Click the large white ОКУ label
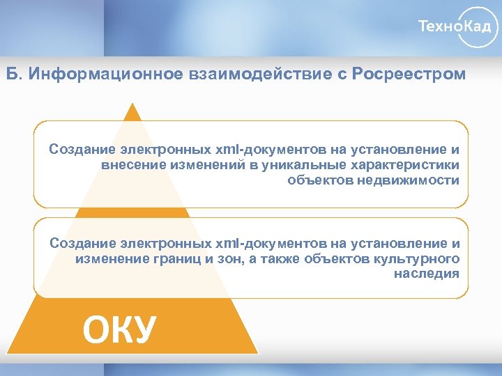coord(119,329)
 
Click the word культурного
coord(416,258)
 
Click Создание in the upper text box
coord(82,149)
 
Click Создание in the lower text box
coord(82,243)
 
